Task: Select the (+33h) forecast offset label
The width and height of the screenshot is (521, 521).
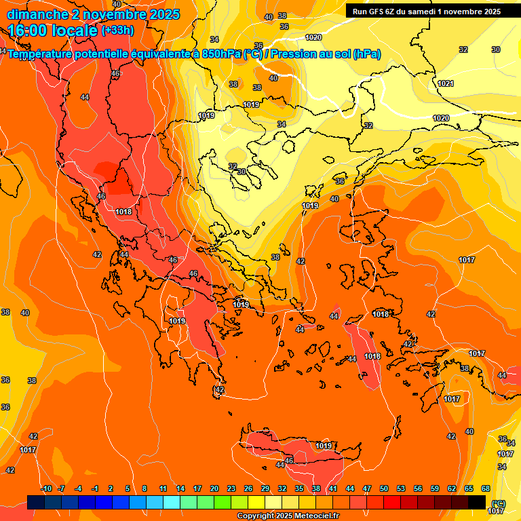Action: tap(117, 31)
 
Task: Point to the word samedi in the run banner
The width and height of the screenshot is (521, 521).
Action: tap(425, 12)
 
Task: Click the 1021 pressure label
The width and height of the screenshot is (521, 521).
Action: tap(446, 83)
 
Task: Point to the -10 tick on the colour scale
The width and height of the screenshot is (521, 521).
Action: tap(46, 489)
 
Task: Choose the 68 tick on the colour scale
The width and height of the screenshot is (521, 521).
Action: tap(486, 489)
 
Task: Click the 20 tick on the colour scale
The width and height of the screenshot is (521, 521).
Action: tap(214, 489)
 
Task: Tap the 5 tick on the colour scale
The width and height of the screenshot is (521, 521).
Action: tap(128, 489)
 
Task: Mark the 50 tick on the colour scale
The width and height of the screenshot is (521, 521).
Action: tap(384, 489)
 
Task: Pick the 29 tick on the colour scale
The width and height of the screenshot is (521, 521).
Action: tap(265, 489)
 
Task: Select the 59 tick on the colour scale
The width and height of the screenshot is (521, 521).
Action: tap(435, 489)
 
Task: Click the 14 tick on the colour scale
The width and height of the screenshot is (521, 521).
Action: tap(180, 489)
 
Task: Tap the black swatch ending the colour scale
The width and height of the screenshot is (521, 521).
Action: tap(478, 502)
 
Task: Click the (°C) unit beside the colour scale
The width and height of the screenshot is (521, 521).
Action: tap(499, 503)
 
